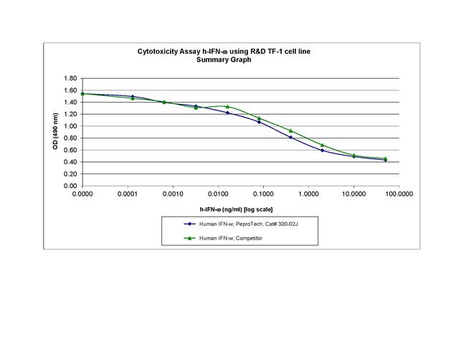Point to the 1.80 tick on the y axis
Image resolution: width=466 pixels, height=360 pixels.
click(70, 78)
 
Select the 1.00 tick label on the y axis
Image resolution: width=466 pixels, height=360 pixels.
click(70, 126)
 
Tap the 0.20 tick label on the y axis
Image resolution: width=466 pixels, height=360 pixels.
click(70, 174)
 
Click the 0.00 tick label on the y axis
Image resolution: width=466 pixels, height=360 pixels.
click(70, 186)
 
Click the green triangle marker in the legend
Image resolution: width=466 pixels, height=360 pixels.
click(189, 238)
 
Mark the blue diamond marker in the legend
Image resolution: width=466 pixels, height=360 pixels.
click(189, 224)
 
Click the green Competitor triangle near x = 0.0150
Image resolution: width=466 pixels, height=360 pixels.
click(227, 106)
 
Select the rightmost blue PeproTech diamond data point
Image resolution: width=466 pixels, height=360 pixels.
click(386, 160)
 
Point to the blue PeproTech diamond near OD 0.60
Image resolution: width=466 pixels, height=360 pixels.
click(322, 151)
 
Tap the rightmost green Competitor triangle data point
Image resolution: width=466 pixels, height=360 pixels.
click(386, 158)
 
